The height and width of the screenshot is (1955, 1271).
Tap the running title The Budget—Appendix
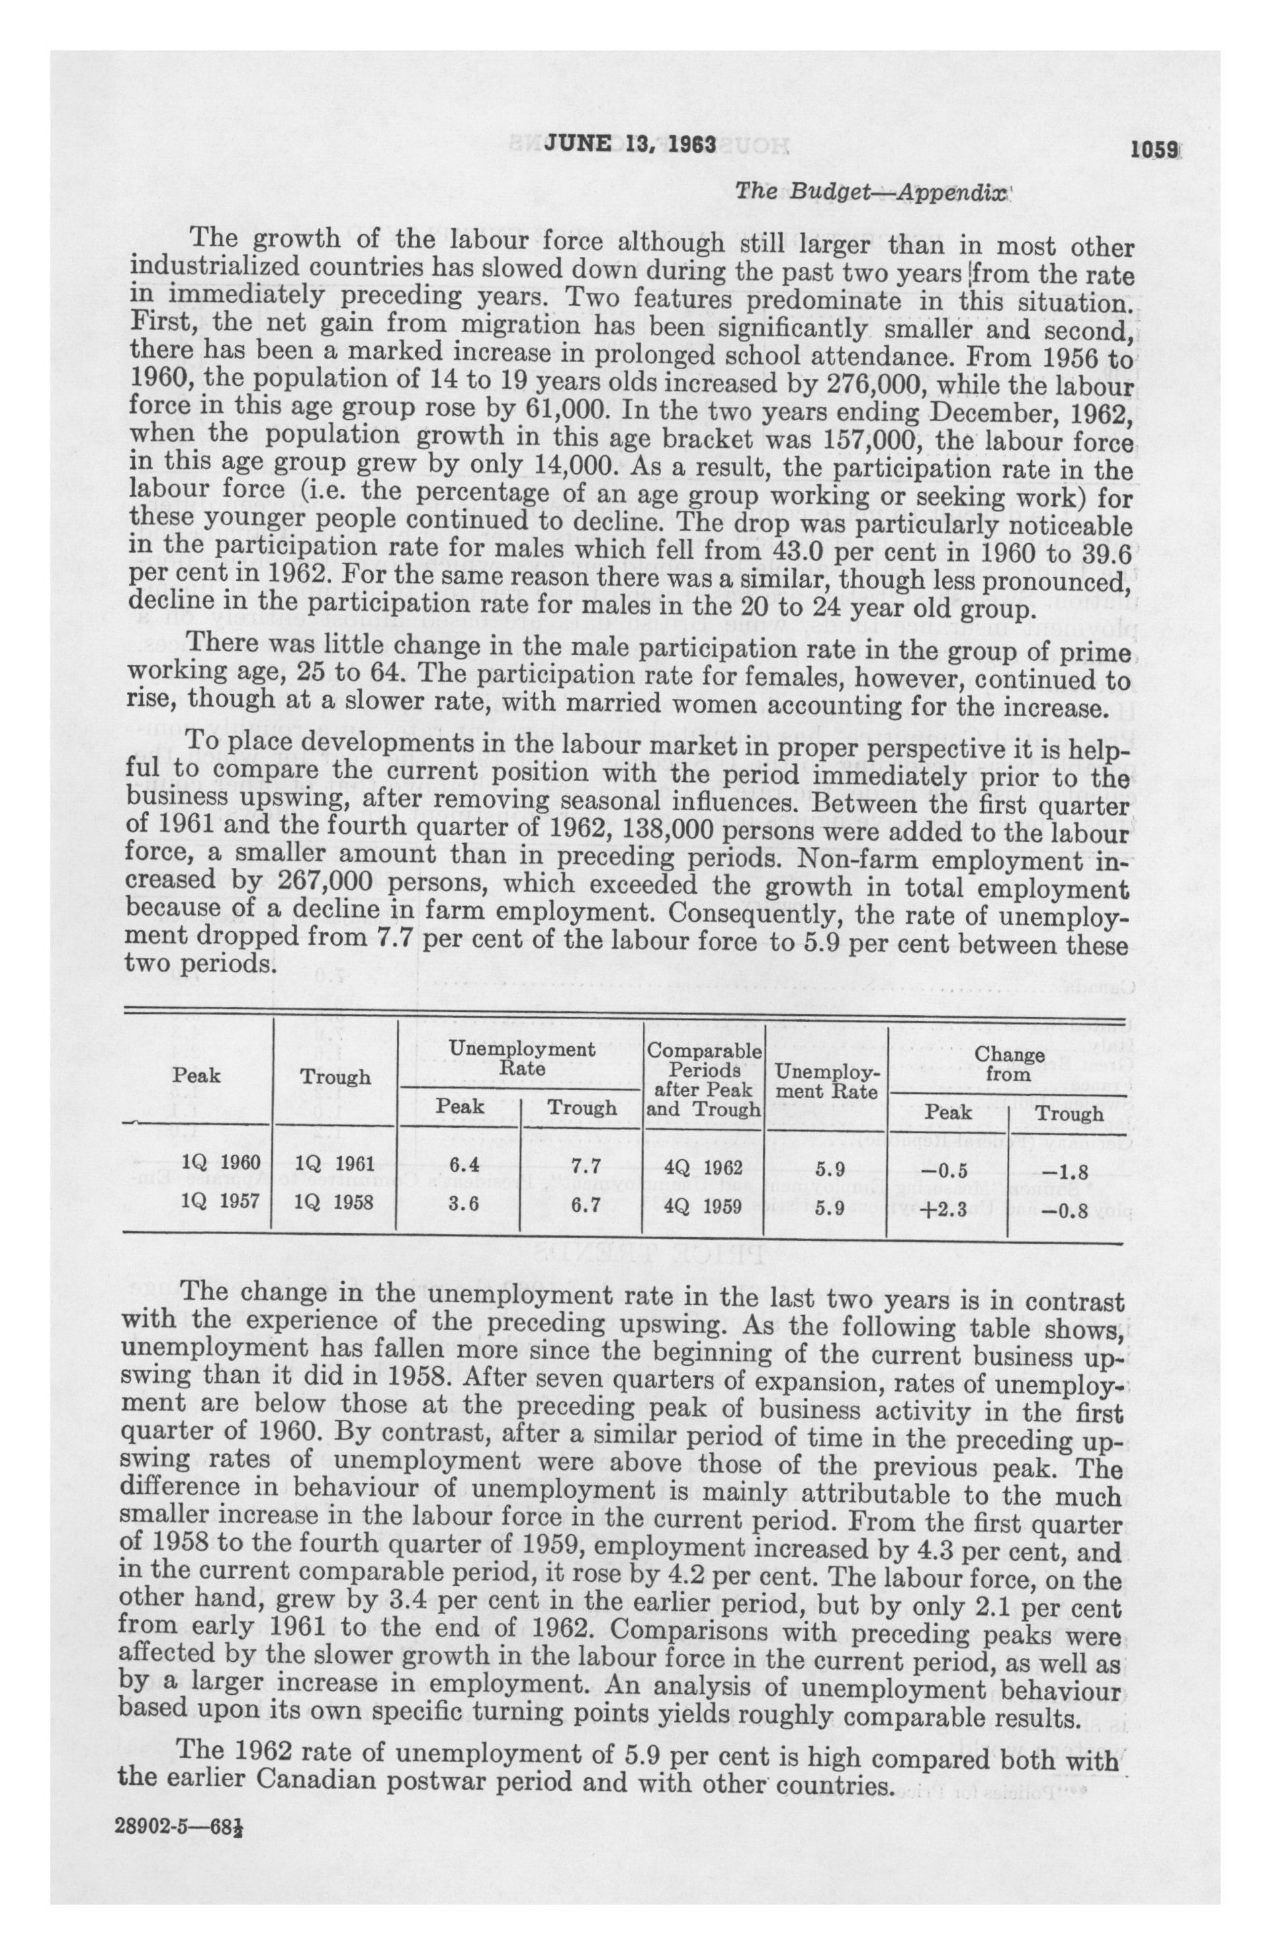coord(871,192)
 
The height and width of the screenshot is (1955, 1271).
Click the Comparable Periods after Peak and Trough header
coord(703,1080)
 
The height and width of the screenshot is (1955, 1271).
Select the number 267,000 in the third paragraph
coord(328,882)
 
